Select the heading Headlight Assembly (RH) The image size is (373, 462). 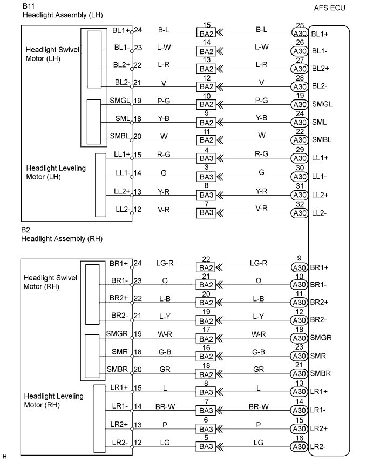(x=62, y=239)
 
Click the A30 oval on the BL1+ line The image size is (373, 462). (x=299, y=33)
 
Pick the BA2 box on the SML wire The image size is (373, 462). (x=207, y=123)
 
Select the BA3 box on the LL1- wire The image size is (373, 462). (x=207, y=177)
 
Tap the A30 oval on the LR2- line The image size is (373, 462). (x=299, y=447)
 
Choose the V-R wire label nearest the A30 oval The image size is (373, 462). (x=262, y=207)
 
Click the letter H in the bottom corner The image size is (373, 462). (x=5, y=457)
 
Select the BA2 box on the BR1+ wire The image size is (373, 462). (x=207, y=267)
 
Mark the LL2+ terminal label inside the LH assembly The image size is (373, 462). (x=123, y=191)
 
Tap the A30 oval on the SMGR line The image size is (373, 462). (x=299, y=339)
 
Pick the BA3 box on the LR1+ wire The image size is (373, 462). (x=207, y=393)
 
